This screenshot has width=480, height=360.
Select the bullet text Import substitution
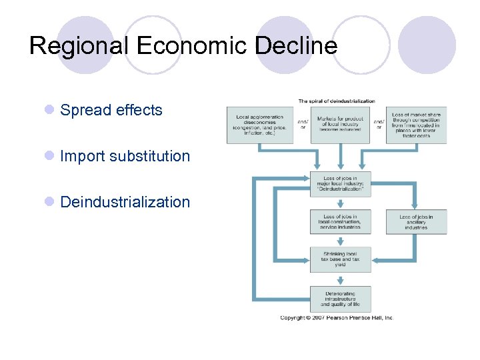(x=125, y=157)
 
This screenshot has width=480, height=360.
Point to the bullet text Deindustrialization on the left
(x=125, y=202)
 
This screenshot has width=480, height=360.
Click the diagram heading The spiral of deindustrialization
(x=336, y=101)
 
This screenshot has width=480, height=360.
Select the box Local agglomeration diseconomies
(x=260, y=125)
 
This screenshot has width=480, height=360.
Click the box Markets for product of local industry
(x=340, y=125)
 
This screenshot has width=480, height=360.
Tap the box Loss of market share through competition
(x=416, y=125)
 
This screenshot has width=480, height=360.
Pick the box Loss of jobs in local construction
(x=340, y=222)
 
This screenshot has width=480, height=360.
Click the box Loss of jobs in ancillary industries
(x=416, y=222)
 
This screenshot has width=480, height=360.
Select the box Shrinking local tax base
(x=340, y=259)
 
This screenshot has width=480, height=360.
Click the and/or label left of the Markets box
(x=302, y=125)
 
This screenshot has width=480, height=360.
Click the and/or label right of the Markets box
(x=378, y=125)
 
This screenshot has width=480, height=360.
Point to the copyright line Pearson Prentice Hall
(x=337, y=318)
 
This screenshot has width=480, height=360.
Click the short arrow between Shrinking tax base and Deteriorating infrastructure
(x=340, y=279)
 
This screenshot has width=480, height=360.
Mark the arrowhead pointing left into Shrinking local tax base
(x=375, y=259)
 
